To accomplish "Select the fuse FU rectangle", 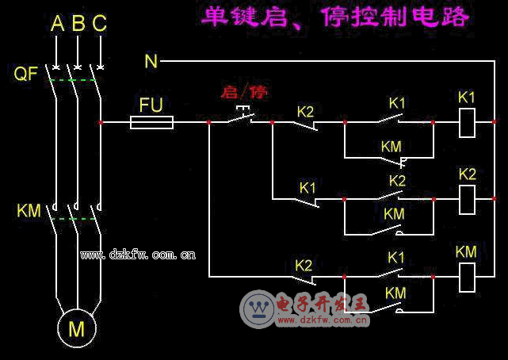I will [x=151, y=122].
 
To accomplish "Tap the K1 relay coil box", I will [x=468, y=122].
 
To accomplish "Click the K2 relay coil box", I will [x=468, y=198].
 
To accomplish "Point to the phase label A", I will [x=57, y=25].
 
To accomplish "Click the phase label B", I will [x=78, y=25].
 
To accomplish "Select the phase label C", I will [x=99, y=25].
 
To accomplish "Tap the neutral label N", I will [x=151, y=61].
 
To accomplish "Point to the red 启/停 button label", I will [x=244, y=92].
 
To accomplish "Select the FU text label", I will [x=151, y=104].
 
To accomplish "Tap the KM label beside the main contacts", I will [x=29, y=211].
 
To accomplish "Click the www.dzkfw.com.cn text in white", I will [x=138, y=255].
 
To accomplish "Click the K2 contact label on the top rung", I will [x=306, y=111].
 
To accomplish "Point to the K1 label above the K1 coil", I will [x=467, y=98].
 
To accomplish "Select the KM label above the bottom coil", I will [x=466, y=252].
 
